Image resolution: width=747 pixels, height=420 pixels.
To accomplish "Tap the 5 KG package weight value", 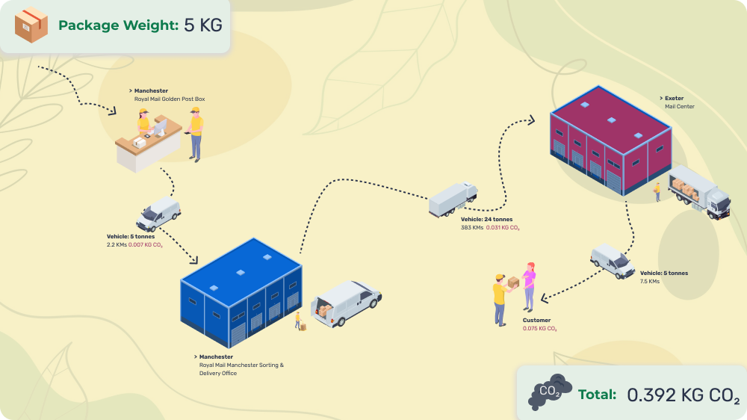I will coord(202,25).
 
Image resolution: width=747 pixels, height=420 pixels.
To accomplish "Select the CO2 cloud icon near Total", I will coord(549,392).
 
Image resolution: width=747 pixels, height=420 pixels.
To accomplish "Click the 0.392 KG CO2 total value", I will coord(683,395).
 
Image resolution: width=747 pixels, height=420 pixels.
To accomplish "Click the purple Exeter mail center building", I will coord(610,140).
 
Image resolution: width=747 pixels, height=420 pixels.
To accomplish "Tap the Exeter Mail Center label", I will coord(678,102).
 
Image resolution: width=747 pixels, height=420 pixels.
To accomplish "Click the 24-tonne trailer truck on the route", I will coord(453,200).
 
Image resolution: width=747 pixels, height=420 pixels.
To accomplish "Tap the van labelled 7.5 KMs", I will coord(612,260).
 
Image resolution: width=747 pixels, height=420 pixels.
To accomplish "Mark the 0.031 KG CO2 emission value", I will coord(503,227).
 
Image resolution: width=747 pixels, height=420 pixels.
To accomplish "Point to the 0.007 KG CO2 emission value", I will coord(146,244).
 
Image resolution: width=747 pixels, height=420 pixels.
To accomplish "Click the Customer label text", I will coord(536,320).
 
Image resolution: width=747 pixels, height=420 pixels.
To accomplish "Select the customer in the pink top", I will coord(529,286).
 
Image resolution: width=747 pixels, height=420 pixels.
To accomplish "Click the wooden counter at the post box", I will coord(148,147).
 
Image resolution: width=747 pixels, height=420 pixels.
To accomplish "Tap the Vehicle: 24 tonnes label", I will coord(486,219).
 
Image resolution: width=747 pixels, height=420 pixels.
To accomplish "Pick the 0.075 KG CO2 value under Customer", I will coord(539,328).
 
